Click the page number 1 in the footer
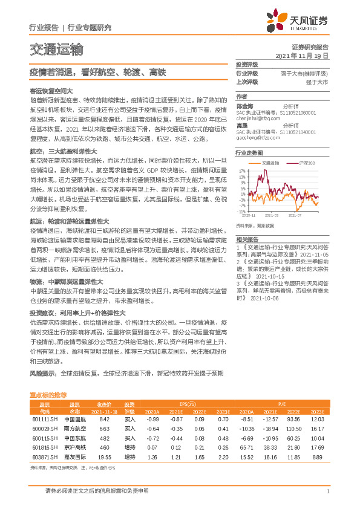(x=327, y=491)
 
